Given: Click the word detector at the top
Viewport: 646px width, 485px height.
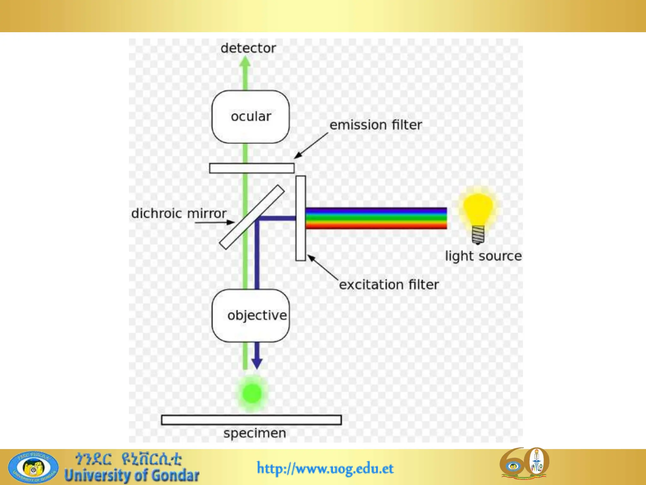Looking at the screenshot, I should pyautogui.click(x=248, y=48).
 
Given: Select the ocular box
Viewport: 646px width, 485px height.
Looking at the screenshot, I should pyautogui.click(x=250, y=117).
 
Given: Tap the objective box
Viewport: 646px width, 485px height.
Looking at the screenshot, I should pyautogui.click(x=250, y=315).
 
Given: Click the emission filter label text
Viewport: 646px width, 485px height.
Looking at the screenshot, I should pyautogui.click(x=375, y=125).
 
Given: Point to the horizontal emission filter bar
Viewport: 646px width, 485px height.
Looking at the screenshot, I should pyautogui.click(x=251, y=168).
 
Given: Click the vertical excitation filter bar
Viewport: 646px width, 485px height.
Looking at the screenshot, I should pyautogui.click(x=301, y=218).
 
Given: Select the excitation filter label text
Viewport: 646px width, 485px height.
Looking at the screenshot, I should pyautogui.click(x=389, y=285).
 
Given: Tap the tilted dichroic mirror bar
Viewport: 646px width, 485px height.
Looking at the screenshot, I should pyautogui.click(x=252, y=217).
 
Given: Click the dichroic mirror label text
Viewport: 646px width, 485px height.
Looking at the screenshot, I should pyautogui.click(x=179, y=213).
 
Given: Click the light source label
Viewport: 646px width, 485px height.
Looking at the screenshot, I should pyautogui.click(x=483, y=256).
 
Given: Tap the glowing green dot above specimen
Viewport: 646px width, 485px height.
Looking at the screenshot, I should pyautogui.click(x=252, y=393).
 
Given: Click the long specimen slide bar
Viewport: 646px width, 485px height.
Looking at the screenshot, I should pyautogui.click(x=251, y=420).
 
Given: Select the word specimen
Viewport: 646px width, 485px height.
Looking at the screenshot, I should pyautogui.click(x=255, y=433).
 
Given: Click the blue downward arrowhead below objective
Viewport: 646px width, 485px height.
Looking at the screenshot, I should pyautogui.click(x=257, y=363).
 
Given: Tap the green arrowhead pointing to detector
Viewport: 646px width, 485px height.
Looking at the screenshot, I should pyautogui.click(x=245, y=62).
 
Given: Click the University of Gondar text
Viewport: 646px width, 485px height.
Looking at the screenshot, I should pyautogui.click(x=132, y=476).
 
